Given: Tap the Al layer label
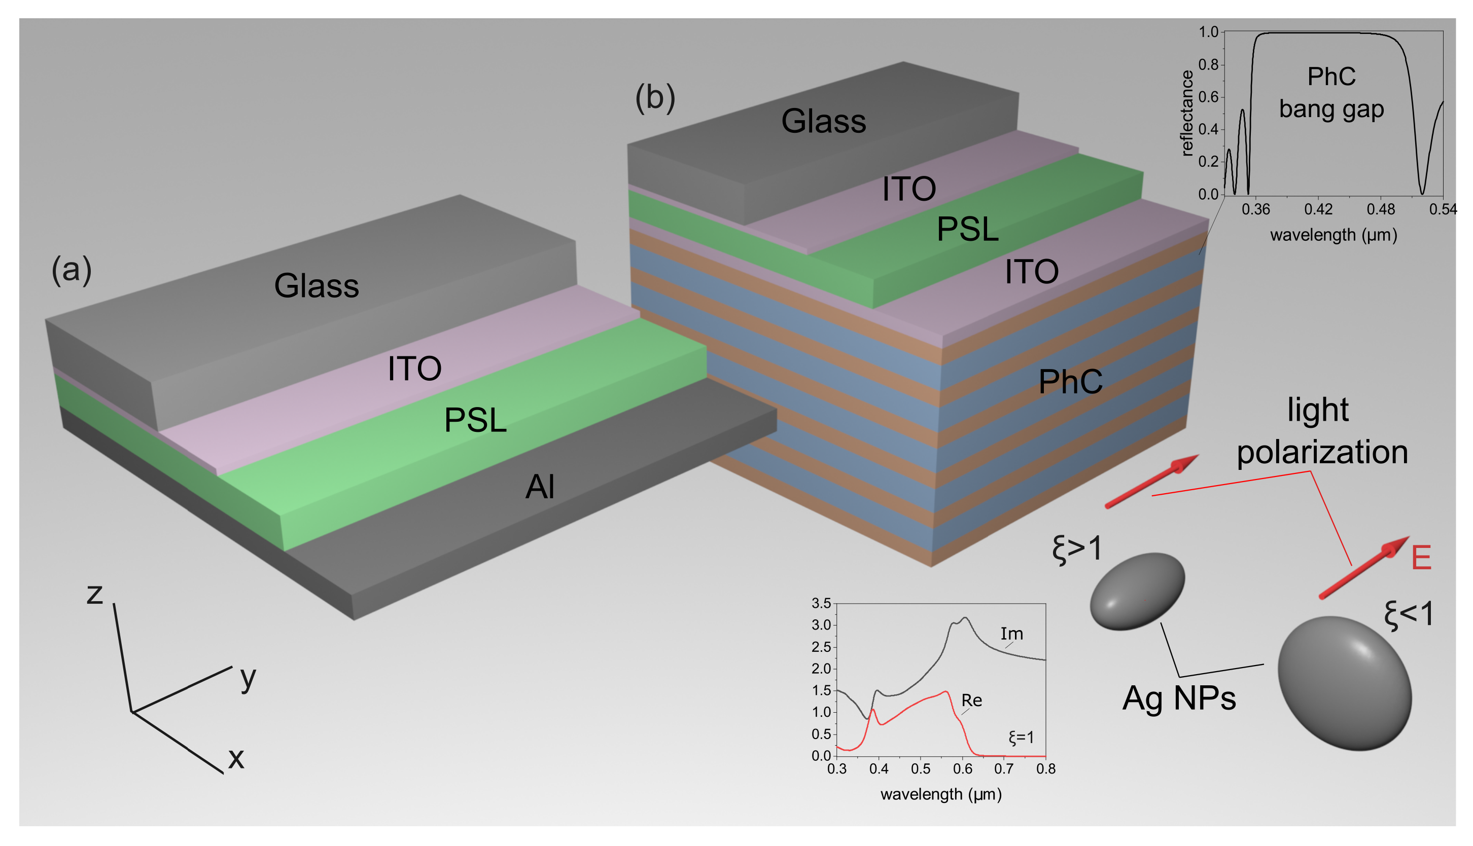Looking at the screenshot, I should (540, 487).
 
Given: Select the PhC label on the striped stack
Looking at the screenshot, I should (1070, 382).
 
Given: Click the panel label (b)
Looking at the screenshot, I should (655, 98).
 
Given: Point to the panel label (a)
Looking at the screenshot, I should (72, 270).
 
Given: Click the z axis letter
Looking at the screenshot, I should (95, 595).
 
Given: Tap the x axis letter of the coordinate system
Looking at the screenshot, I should (236, 758).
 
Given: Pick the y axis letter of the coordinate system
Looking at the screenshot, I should (248, 677).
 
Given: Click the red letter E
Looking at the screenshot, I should (1421, 558).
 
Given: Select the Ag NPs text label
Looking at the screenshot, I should (1179, 698).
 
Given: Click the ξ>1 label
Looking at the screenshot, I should (1077, 548).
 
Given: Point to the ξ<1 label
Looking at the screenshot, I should (1409, 614).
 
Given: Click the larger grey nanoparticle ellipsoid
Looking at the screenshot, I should (1345, 683).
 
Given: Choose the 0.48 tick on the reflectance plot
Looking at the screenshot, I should (1381, 209).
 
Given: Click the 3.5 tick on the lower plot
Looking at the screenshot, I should (821, 603).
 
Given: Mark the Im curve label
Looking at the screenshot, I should (1011, 633).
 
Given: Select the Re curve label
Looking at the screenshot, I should (971, 700).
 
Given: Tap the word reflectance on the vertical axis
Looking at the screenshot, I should (1187, 114).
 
